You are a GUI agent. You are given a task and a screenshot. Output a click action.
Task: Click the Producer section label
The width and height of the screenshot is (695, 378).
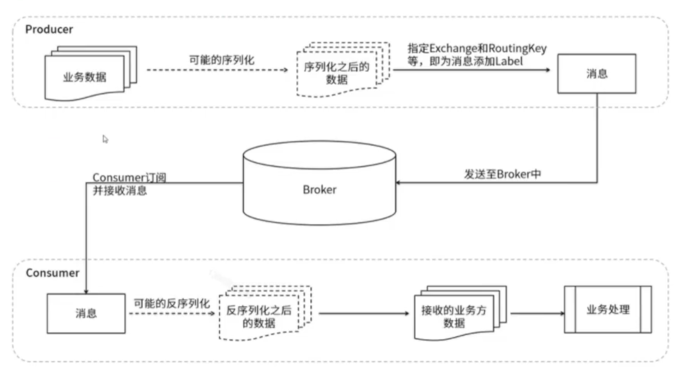pyautogui.click(x=49, y=29)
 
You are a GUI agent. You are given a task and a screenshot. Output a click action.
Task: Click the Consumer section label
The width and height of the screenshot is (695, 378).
pyautogui.click(x=52, y=273)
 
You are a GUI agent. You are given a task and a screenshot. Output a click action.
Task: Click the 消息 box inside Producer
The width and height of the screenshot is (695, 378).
pyautogui.click(x=596, y=74)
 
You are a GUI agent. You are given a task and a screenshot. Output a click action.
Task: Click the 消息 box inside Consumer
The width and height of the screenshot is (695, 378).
pyautogui.click(x=86, y=313)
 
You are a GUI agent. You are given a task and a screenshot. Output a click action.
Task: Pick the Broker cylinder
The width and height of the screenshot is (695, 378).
pyautogui.click(x=319, y=189)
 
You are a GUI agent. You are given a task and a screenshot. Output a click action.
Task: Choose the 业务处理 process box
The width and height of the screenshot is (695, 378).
pyautogui.click(x=608, y=310)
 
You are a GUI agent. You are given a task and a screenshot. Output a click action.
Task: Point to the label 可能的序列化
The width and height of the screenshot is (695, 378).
pyautogui.click(x=222, y=59)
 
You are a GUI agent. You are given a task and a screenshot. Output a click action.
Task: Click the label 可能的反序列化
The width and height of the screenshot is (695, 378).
pyautogui.click(x=172, y=304)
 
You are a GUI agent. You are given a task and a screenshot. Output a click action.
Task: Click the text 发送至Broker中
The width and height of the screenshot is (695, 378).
pyautogui.click(x=502, y=174)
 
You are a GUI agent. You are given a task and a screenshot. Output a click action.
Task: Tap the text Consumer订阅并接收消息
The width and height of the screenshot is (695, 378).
pyautogui.click(x=129, y=184)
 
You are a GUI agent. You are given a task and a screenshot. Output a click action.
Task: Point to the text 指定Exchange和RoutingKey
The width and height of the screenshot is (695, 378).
pyautogui.click(x=477, y=48)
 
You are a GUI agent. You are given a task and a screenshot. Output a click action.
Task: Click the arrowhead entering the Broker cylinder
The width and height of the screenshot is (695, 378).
pyautogui.click(x=399, y=182)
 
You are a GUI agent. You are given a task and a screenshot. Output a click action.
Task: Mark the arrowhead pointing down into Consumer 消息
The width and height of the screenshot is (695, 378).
pyautogui.click(x=86, y=290)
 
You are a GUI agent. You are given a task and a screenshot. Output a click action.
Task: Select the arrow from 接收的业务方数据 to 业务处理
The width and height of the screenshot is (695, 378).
pyautogui.click(x=537, y=313)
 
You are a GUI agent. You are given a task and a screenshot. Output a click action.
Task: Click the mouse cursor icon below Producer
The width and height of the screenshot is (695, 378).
pyautogui.click(x=105, y=139)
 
